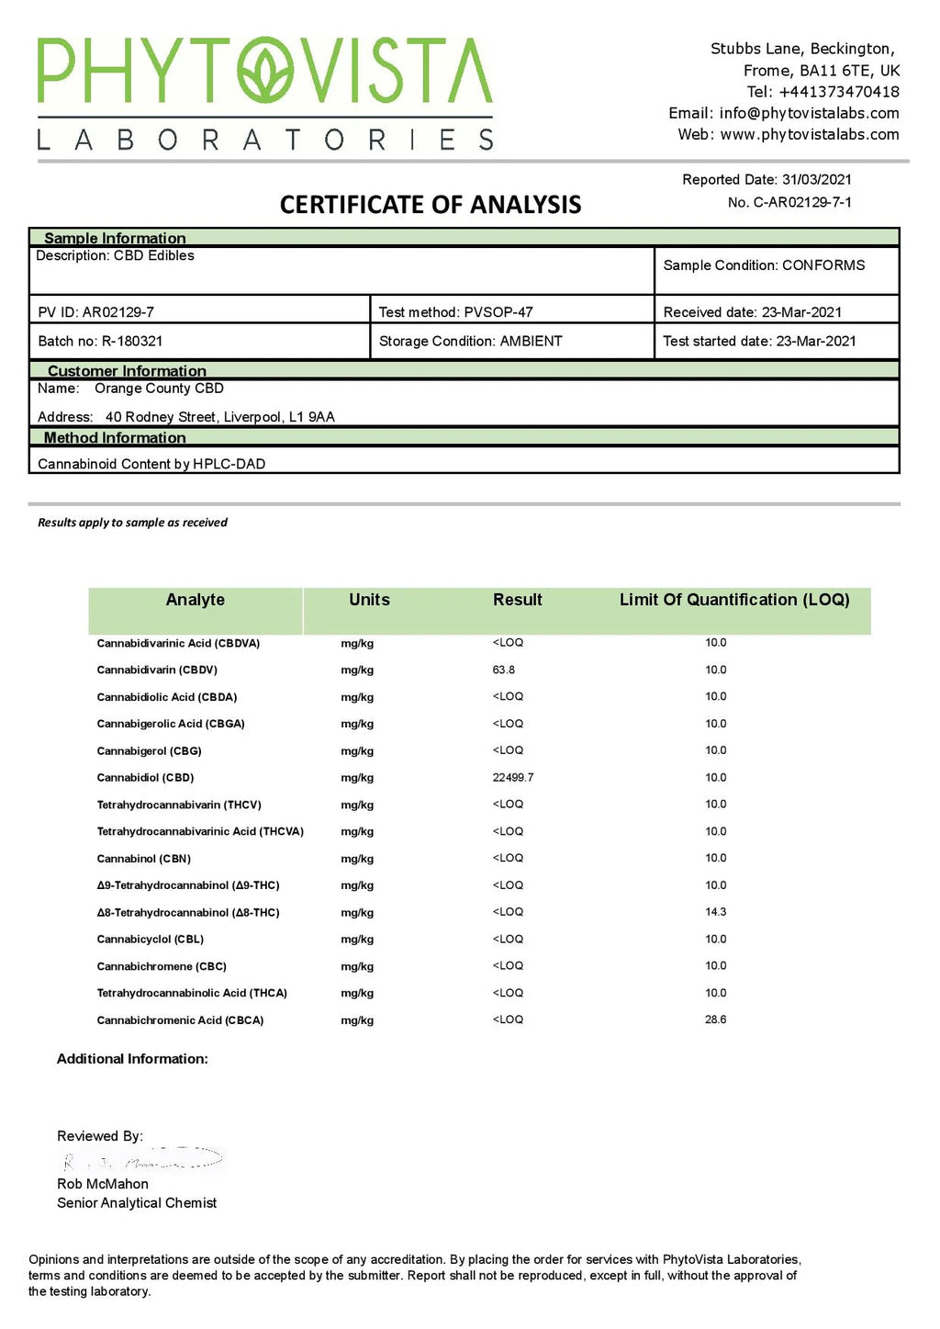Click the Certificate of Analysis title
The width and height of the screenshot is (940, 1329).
(430, 205)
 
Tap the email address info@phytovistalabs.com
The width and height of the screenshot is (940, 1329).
(809, 113)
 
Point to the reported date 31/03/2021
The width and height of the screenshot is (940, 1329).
(816, 180)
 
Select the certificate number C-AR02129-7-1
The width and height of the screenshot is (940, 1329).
(802, 202)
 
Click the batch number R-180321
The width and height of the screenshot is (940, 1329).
(131, 341)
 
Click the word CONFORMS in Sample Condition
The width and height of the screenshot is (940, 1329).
(823, 265)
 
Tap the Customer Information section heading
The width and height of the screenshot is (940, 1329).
(127, 371)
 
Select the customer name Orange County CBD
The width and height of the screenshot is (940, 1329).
(159, 389)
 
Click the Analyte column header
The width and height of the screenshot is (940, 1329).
(195, 600)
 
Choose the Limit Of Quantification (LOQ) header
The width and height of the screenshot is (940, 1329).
(733, 600)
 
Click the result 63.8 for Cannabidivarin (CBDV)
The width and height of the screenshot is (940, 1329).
(503, 670)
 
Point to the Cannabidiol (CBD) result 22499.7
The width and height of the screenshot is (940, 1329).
(512, 777)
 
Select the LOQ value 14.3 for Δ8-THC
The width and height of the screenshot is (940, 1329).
(715, 912)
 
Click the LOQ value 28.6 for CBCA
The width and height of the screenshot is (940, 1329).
(715, 1019)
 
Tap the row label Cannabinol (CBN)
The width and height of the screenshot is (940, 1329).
(143, 859)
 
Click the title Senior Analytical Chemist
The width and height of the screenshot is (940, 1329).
(137, 1203)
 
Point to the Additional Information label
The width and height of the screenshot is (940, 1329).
(132, 1059)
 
